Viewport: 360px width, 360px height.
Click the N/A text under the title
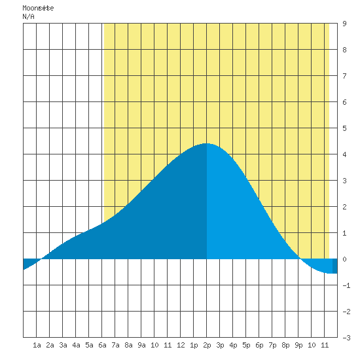click(x=28, y=16)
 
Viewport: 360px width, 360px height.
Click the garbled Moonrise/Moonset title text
click(x=38, y=9)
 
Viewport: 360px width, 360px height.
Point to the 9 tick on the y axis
click(x=344, y=24)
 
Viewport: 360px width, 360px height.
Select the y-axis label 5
click(x=344, y=128)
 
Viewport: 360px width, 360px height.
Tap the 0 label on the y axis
click(x=344, y=259)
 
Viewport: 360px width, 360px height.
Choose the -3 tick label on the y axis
click(x=346, y=338)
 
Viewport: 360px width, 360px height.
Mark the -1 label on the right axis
click(x=346, y=285)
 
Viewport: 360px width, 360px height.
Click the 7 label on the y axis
click(x=344, y=76)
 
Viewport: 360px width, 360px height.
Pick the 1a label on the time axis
click(x=37, y=345)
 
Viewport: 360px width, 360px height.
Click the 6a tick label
click(x=102, y=345)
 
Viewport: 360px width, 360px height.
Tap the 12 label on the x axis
click(x=181, y=345)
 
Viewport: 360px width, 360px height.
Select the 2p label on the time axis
click(x=207, y=345)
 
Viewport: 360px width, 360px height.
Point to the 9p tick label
click(x=298, y=345)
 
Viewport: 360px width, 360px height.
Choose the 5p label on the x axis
click(x=246, y=345)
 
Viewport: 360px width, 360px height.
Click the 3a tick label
click(x=63, y=345)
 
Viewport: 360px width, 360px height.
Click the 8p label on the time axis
click(x=285, y=345)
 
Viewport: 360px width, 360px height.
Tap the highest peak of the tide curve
click(x=206, y=143)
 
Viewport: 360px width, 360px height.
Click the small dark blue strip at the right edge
click(x=334, y=266)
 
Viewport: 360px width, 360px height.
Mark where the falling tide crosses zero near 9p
click(x=300, y=259)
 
